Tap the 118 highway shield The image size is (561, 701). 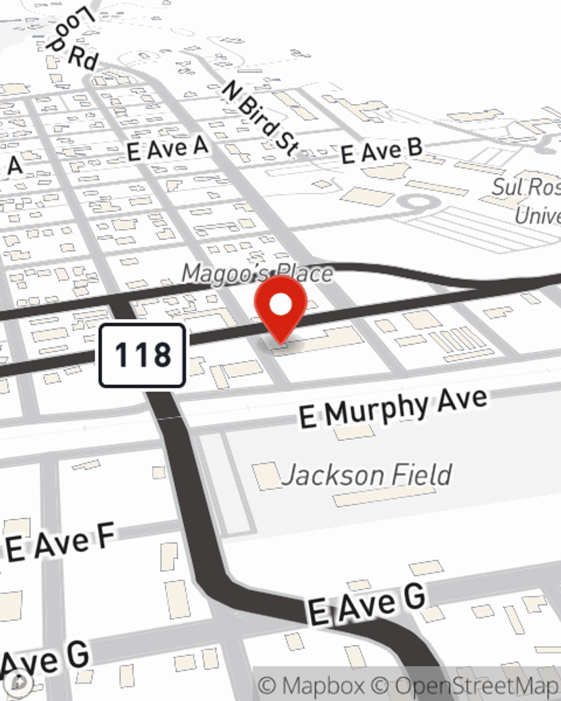(142, 356)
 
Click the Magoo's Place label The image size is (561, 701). (257, 274)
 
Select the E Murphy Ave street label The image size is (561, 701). (393, 408)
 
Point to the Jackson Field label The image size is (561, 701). (366, 476)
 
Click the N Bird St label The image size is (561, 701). (260, 118)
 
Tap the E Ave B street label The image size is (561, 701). (381, 151)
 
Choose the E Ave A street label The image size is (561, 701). (167, 149)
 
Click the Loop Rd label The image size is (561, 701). (73, 39)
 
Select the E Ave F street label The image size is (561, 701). (60, 543)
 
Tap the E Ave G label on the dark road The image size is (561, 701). (367, 605)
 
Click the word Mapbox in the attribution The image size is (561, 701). (323, 686)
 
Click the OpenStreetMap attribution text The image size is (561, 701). (477, 686)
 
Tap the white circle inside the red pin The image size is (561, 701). (280, 305)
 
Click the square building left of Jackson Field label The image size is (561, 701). (266, 476)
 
